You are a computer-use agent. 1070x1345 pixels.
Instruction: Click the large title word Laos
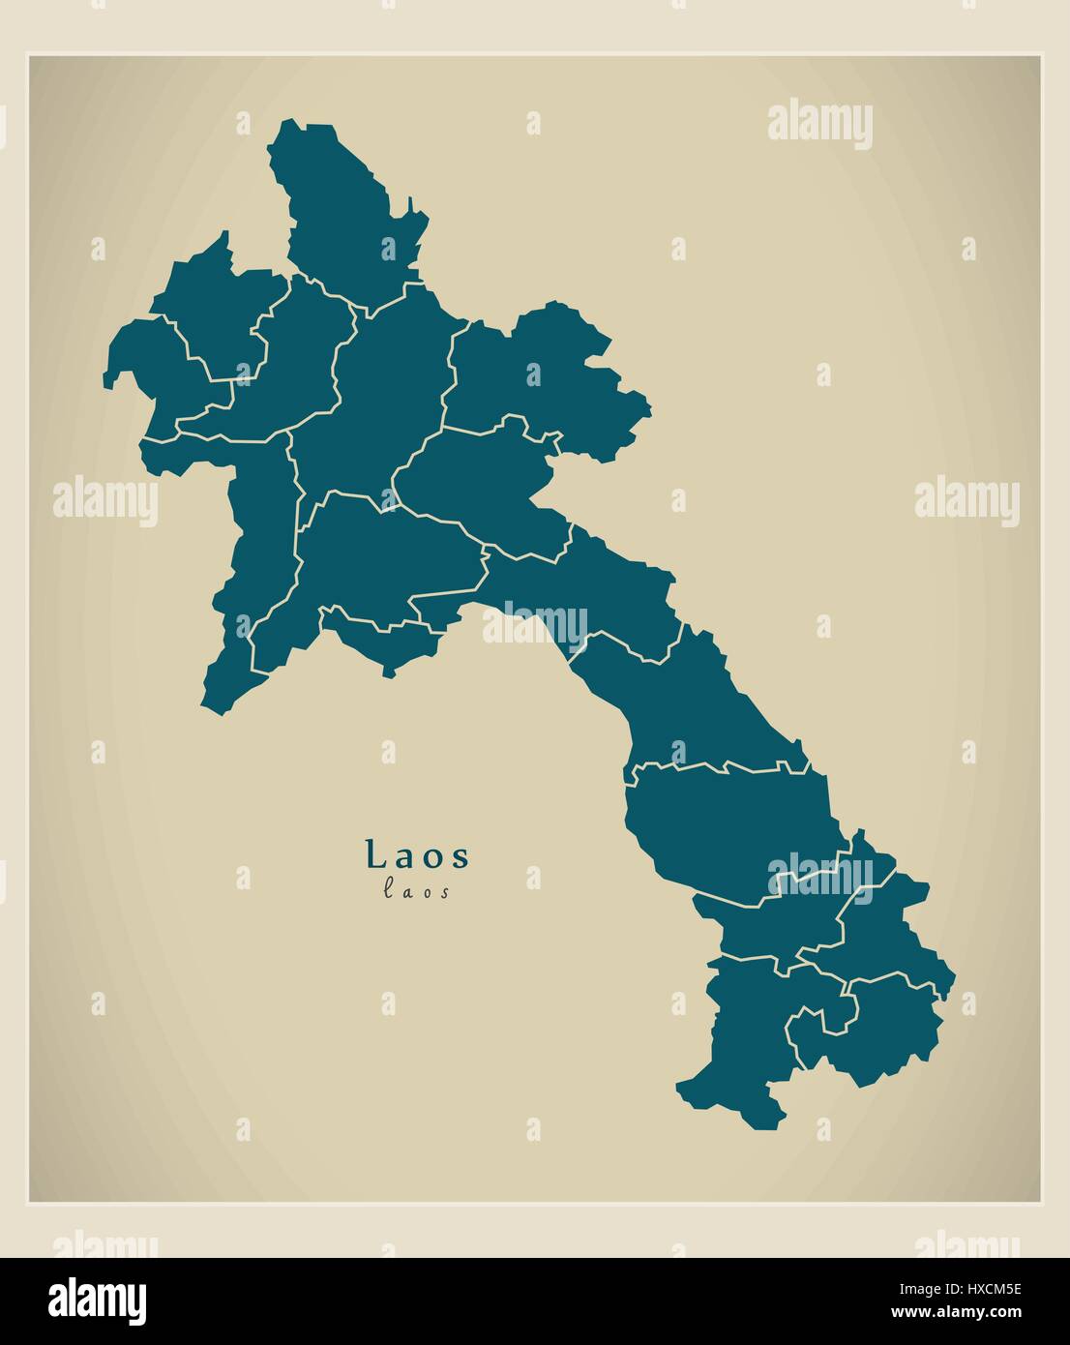point(418,854)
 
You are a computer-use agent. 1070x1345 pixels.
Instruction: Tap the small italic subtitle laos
point(417,892)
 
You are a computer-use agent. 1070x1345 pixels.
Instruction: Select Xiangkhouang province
point(474,484)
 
